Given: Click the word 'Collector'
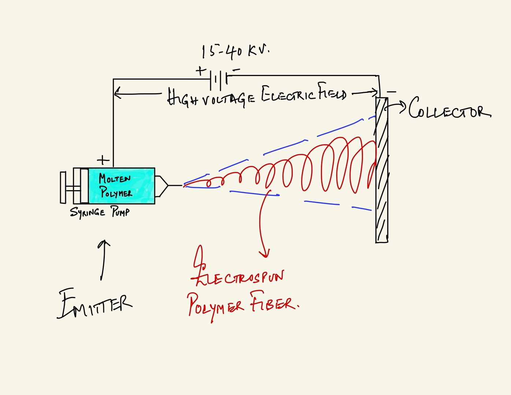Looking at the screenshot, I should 449,108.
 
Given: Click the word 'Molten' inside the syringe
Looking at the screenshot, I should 114,179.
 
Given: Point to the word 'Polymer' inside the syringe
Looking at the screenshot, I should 116,192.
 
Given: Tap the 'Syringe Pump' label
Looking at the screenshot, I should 100,212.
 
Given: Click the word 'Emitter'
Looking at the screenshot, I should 95,304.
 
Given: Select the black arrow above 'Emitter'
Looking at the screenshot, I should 104,260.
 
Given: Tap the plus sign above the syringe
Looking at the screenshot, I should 103,160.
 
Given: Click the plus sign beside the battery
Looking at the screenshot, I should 200,71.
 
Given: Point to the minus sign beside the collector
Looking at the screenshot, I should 392,92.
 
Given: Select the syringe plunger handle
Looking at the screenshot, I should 63,187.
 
